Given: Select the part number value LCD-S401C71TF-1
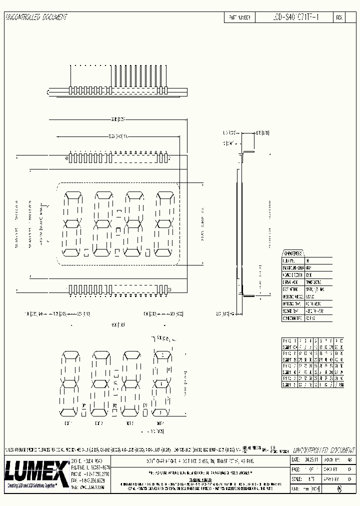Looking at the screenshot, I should pos(294,17).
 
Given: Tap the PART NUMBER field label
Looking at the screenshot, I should pos(239,17).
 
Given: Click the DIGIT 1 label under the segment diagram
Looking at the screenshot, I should pos(68,423).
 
